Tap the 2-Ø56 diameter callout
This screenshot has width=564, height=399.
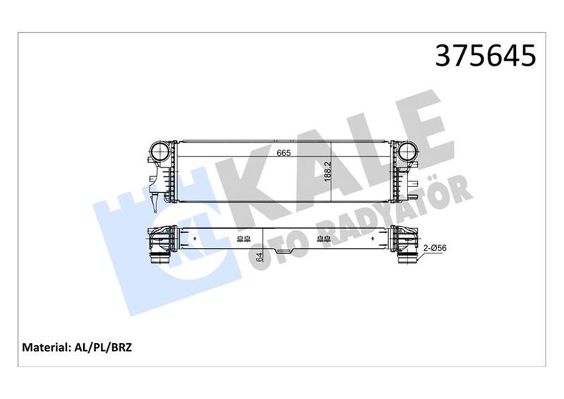coord(435,247)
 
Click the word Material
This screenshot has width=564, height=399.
coord(47,348)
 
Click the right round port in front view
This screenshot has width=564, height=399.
coord(407,152)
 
